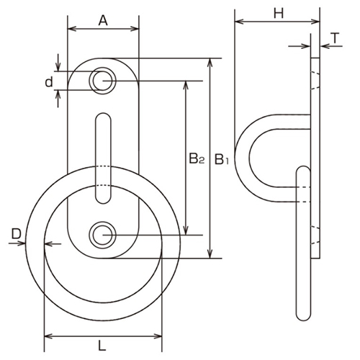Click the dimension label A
pyautogui.click(x=103, y=21)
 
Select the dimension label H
pyautogui.click(x=276, y=12)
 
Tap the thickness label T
pyautogui.click(x=335, y=37)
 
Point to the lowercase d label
pyautogui.click(x=49, y=82)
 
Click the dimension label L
pyautogui.click(x=103, y=345)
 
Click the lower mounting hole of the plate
pyautogui.click(x=103, y=234)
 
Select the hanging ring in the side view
pyautogui.click(x=303, y=245)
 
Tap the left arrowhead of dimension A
pyautogui.click(x=70, y=30)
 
